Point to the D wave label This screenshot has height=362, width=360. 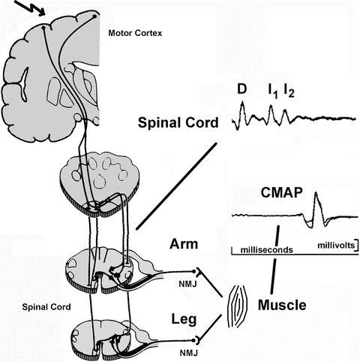click(x=241, y=90)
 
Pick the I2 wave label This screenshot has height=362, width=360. click(x=289, y=92)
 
